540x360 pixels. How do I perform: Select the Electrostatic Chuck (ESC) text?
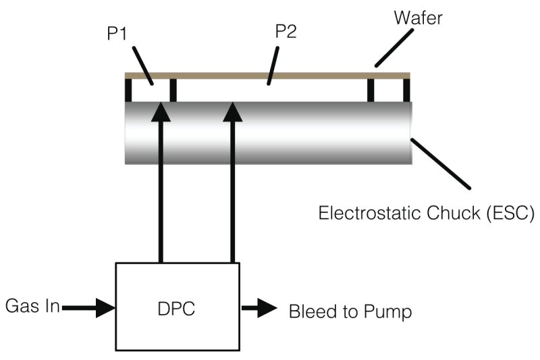click(427, 214)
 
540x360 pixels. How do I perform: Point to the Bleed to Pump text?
click(350, 312)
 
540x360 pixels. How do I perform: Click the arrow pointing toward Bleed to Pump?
click(259, 309)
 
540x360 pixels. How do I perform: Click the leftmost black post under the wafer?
click(128, 90)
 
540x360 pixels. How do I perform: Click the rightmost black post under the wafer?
click(406, 90)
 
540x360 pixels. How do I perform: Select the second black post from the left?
click(173, 90)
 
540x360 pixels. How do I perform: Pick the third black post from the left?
click(371, 90)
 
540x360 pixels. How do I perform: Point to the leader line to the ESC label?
click(441, 162)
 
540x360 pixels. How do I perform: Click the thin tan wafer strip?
click(270, 74)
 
